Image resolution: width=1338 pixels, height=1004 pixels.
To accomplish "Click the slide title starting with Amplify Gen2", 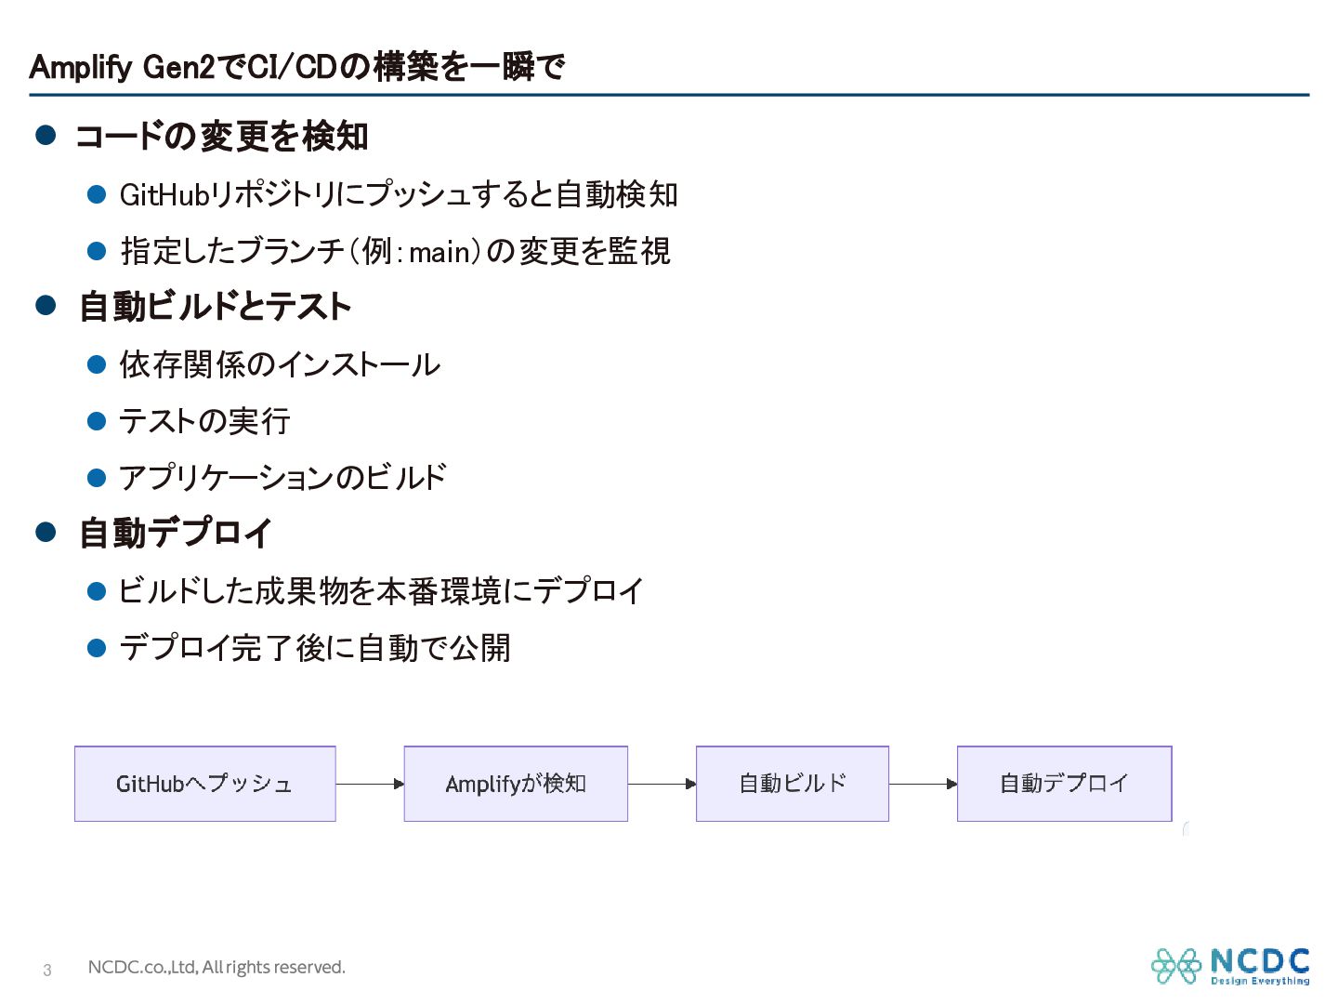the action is coord(296,66).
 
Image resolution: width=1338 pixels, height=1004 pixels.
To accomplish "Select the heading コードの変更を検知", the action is coord(222,136).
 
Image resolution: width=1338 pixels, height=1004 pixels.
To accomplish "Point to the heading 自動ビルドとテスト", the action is coord(216,306).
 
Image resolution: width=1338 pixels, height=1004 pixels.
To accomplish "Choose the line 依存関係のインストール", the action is coord(280,364).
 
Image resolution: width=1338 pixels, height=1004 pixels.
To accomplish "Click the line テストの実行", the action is coord(204,421).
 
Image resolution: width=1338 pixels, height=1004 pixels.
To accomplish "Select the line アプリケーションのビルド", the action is coord(282,477).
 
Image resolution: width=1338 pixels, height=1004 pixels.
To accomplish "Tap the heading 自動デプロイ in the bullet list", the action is coord(176,533).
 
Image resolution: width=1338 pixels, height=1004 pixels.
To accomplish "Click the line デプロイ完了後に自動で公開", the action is coord(315,647).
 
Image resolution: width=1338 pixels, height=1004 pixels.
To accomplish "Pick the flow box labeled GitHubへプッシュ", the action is coord(204,784).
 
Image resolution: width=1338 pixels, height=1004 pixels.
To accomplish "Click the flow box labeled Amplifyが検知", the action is coord(516,784).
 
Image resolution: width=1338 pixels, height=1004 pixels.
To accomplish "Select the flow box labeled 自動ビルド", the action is coord(793,784).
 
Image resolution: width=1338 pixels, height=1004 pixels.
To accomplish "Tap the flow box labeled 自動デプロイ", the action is coord(1064,784).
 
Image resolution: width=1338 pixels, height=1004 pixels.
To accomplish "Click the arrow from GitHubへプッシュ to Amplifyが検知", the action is coord(370,784).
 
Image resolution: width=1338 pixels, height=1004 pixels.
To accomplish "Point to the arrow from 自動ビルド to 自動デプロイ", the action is coord(923,784).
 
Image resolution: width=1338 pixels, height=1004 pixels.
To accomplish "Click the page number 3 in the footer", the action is coord(47,970).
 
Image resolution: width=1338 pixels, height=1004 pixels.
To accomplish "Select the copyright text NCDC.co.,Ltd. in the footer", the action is coord(142,968).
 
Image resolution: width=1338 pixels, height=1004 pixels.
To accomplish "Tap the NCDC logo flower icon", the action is coord(1175,966).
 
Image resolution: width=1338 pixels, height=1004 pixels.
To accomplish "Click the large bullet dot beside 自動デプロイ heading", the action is coord(46,532).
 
